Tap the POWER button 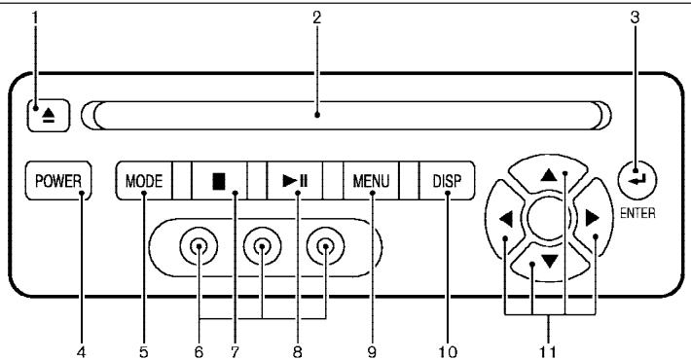point(56,181)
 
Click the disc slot point(345,117)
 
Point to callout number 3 point(635,18)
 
